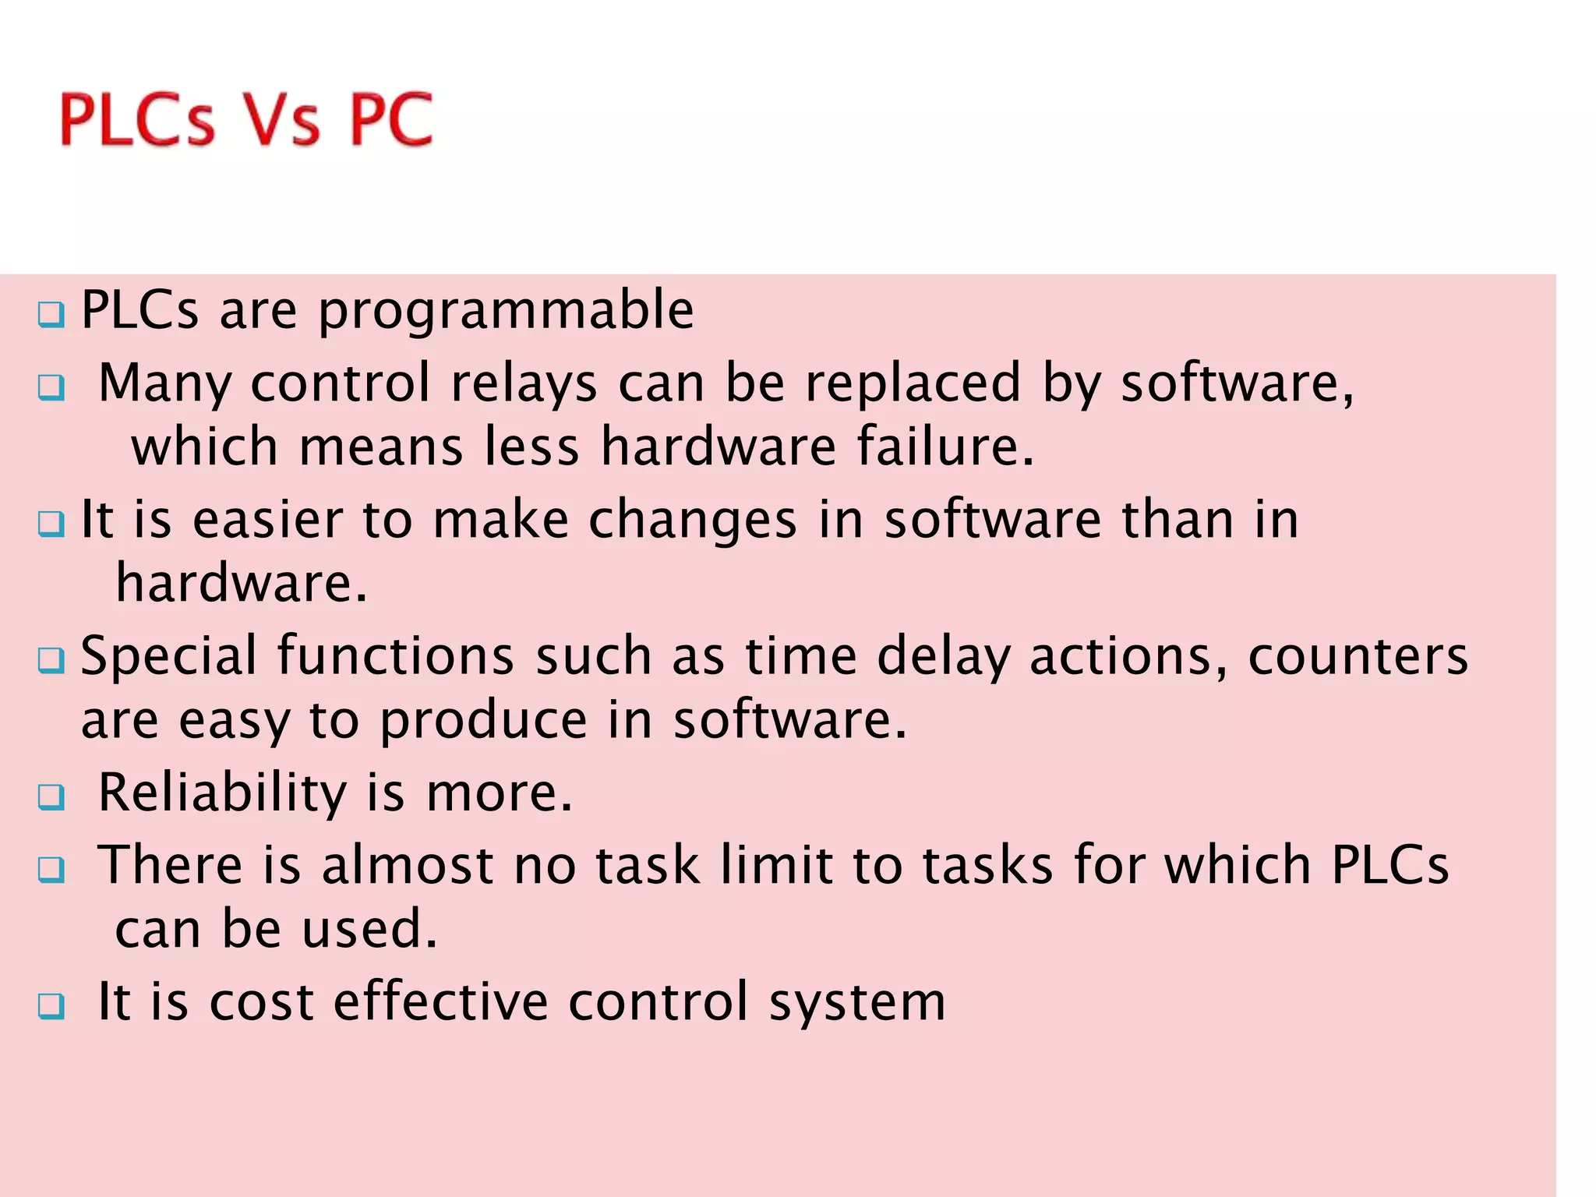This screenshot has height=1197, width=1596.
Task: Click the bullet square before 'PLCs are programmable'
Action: point(51,315)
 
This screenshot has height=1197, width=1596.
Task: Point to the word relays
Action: point(523,383)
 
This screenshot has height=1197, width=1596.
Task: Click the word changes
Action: point(693,521)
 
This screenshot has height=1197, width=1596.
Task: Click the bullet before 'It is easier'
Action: point(51,523)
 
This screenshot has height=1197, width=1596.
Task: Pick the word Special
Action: point(168,656)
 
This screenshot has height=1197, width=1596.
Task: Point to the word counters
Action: point(1358,656)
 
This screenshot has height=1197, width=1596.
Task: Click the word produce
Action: point(483,721)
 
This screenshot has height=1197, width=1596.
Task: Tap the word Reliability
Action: point(222,793)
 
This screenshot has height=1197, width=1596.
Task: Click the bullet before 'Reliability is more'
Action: point(51,796)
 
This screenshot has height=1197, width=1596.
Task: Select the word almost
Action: point(408,866)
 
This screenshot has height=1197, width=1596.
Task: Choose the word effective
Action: point(441,1001)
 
